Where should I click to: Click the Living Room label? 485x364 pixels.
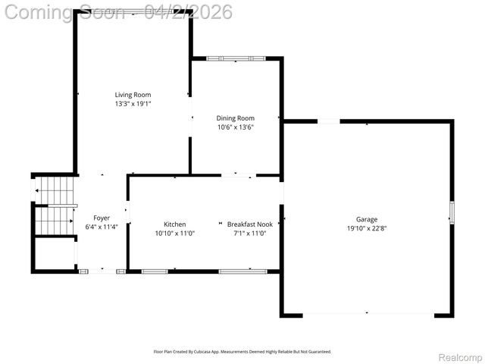[x=133, y=95]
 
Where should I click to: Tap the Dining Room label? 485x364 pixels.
[x=235, y=118]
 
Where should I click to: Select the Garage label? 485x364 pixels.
[x=367, y=220]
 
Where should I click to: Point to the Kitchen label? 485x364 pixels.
[x=175, y=224]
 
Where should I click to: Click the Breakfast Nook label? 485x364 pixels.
[x=250, y=224]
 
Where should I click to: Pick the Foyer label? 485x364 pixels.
[x=102, y=218]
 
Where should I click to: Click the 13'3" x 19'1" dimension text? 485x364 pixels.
[x=133, y=104]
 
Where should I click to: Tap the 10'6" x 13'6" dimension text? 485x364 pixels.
[x=235, y=127]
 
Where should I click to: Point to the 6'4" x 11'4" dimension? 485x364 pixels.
[x=102, y=227]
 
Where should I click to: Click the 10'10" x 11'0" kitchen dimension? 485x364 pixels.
[x=175, y=234]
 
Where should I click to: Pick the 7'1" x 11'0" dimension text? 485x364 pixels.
[x=250, y=234]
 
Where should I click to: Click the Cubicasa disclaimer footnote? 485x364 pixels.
[x=242, y=352]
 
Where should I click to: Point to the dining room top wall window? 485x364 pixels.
[x=236, y=58]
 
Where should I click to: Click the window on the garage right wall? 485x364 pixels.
[x=452, y=212]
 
